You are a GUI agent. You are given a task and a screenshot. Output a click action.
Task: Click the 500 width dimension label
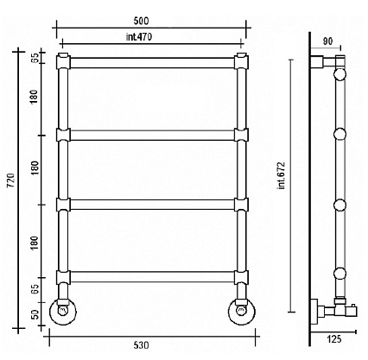click(x=141, y=21)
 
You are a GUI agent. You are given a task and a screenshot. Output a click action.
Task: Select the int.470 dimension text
click(x=139, y=37)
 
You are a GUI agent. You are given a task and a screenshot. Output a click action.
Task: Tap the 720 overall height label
click(x=10, y=180)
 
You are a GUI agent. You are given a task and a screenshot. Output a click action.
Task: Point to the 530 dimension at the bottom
click(x=141, y=345)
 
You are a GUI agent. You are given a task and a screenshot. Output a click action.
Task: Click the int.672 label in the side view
click(x=282, y=175)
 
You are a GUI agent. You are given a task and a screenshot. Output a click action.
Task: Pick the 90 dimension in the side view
click(x=327, y=41)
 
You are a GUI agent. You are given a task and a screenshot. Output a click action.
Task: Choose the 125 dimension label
click(x=334, y=339)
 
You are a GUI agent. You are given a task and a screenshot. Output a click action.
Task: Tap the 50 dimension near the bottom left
click(x=35, y=314)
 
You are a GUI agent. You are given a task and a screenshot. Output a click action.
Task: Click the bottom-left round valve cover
click(x=63, y=311)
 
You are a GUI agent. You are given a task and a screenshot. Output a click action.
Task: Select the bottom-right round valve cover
click(x=242, y=311)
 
